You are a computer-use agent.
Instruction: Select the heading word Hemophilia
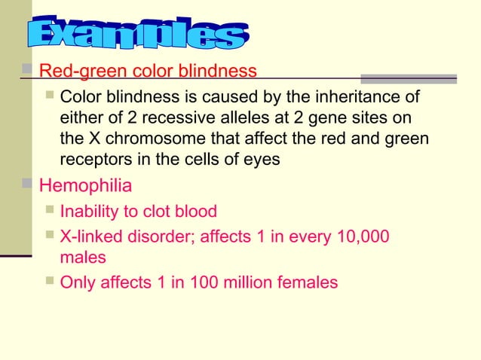point(85,185)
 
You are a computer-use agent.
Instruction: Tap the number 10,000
point(361,236)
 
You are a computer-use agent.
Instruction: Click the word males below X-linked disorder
point(83,258)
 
